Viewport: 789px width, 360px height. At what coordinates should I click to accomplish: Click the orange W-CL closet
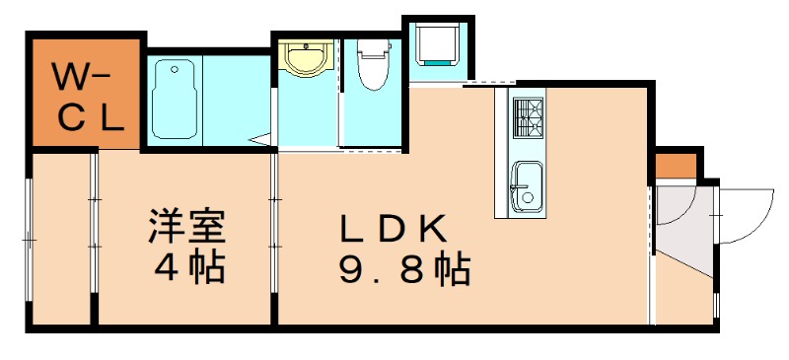pos(87,94)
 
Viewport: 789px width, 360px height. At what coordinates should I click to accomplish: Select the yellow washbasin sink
pos(302,58)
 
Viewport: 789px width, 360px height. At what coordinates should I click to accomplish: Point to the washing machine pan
pos(436,44)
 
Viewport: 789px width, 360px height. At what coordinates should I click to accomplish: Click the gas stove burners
pos(528,118)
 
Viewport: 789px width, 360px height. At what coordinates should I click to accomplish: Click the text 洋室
pos(186,228)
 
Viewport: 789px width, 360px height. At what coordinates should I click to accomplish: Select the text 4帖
pos(186,267)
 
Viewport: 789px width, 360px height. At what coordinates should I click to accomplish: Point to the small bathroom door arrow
pos(261,141)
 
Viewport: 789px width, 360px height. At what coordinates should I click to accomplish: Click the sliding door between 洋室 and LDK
pos(273,237)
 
